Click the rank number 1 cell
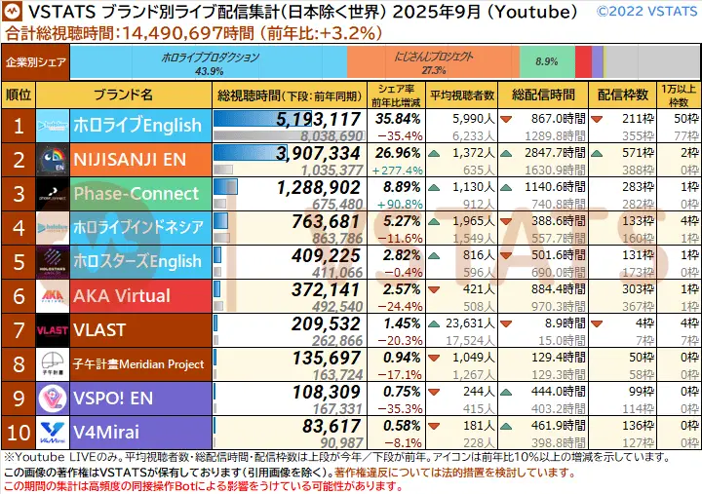click(x=18, y=125)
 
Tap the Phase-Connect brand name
click(x=136, y=193)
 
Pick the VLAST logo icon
click(x=53, y=330)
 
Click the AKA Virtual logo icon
click(x=53, y=296)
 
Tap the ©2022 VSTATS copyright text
click(x=648, y=12)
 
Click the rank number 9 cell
click(x=18, y=399)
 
